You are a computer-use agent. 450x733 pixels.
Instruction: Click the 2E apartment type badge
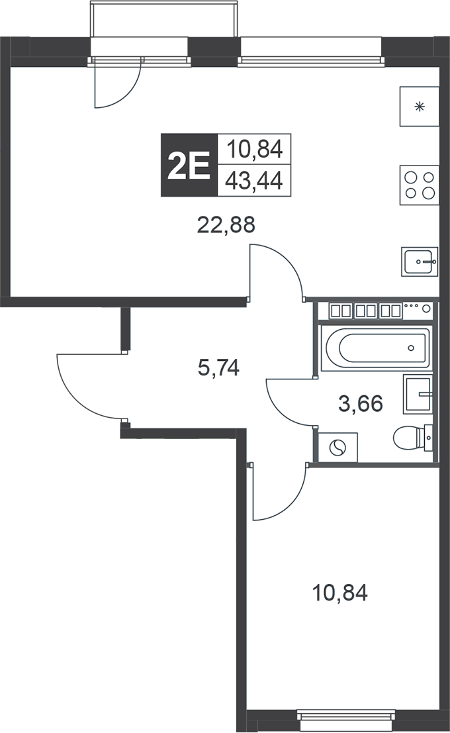click(x=189, y=166)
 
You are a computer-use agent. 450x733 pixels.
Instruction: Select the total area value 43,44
click(x=254, y=180)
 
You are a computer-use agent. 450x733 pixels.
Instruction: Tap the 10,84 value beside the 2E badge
click(x=254, y=150)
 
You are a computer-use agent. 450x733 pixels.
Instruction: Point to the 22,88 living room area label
click(x=226, y=225)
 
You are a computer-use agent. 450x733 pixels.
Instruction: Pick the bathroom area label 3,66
click(x=361, y=403)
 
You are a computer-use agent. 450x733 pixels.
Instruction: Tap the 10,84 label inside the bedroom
click(x=339, y=591)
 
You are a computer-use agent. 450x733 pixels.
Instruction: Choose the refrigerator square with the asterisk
click(x=419, y=107)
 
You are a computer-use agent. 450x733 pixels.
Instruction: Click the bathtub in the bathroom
click(x=375, y=346)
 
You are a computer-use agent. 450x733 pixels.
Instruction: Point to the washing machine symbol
click(x=337, y=448)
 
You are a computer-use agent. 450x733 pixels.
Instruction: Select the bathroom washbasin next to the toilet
click(x=418, y=394)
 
